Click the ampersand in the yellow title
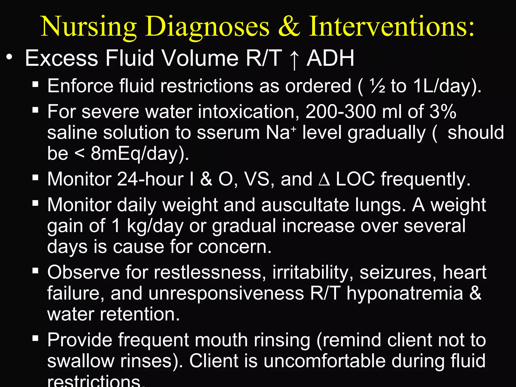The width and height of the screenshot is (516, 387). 289,27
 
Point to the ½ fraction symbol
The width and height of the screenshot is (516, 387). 377,86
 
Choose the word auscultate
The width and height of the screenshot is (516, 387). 305,205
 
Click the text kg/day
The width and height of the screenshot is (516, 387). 155,226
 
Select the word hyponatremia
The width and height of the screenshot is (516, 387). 405,294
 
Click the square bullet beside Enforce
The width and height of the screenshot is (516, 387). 35,84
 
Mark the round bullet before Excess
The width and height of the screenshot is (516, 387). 9,57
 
